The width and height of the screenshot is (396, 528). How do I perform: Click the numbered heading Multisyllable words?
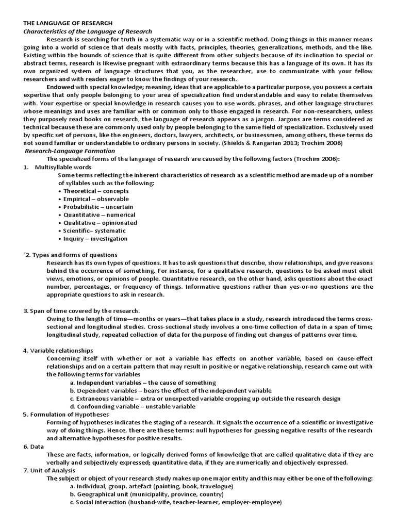pos(63,167)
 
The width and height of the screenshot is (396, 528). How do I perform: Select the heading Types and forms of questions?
pos(74,255)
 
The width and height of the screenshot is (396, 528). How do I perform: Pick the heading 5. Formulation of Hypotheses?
pos(66,415)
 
